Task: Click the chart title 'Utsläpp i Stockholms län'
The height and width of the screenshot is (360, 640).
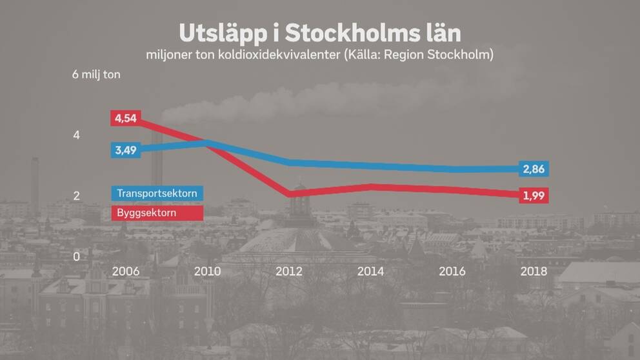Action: click(320, 34)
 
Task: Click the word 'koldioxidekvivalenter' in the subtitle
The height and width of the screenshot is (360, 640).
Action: click(279, 54)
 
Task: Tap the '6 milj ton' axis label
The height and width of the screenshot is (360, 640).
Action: click(96, 74)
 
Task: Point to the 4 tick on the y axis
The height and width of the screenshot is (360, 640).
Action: click(76, 135)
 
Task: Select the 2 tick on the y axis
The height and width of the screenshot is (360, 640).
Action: click(76, 196)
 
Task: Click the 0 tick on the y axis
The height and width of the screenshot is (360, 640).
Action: click(76, 257)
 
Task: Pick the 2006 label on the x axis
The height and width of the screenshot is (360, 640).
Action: click(126, 272)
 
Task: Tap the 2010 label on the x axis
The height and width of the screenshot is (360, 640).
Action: click(207, 272)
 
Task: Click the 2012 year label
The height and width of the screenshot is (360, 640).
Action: click(289, 272)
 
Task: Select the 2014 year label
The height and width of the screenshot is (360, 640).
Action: click(370, 272)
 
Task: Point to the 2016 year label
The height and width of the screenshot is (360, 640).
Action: click(452, 272)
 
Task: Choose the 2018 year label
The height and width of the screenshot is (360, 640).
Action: click(534, 272)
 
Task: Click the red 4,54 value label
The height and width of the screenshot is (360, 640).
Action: click(126, 118)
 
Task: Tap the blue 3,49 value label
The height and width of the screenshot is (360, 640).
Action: click(126, 150)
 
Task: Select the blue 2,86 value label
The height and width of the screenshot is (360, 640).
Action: click(534, 169)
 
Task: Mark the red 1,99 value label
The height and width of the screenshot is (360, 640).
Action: click(534, 195)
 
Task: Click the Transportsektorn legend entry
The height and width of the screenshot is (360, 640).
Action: click(157, 193)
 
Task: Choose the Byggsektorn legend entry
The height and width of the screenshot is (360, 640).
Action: click(157, 213)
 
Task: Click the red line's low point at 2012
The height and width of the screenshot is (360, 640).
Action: click(290, 194)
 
